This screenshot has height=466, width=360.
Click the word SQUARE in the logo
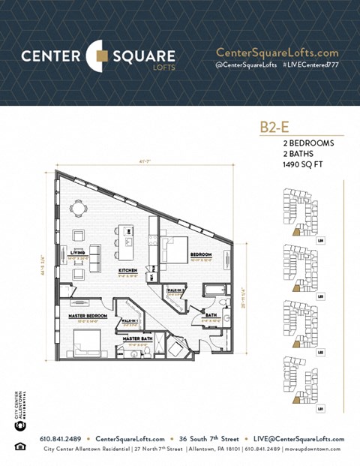[143, 56]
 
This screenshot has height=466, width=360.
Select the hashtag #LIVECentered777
[310, 66]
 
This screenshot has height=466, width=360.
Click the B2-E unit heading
[275, 127]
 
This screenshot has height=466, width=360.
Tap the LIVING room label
[78, 254]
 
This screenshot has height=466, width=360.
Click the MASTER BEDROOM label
[88, 317]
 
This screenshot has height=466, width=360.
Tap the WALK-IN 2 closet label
[176, 289]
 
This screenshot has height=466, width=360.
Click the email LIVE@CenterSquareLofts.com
[298, 439]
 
